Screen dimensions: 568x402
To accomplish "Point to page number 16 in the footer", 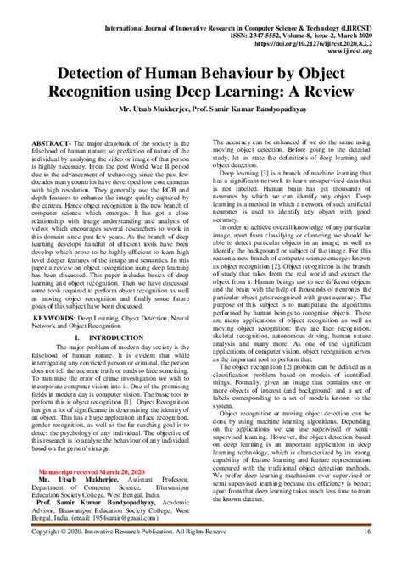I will pos(367,555).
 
